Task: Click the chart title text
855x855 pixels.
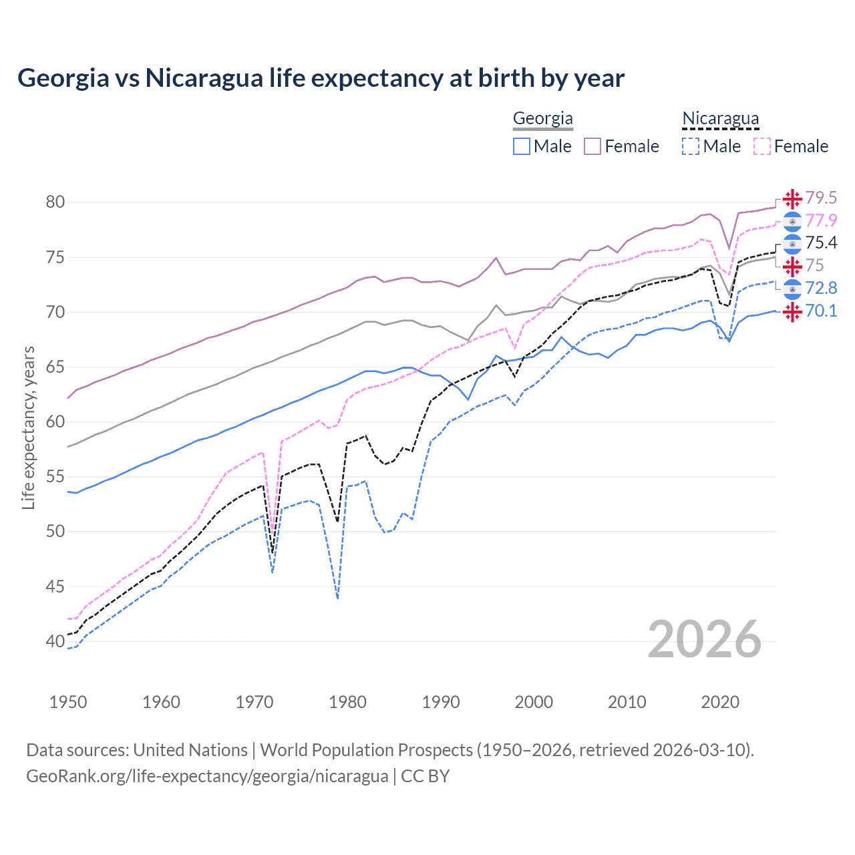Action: [x=321, y=78]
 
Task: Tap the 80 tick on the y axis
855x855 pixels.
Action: [x=55, y=202]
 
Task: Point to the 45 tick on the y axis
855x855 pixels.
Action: [x=55, y=586]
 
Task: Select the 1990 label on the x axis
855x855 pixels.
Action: [x=441, y=702]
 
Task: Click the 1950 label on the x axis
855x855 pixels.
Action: [x=68, y=702]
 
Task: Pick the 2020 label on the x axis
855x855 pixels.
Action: [x=720, y=702]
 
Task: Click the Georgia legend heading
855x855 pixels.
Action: [x=542, y=119]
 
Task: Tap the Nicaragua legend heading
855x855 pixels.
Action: [x=720, y=119]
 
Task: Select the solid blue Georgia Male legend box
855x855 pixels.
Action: [x=522, y=146]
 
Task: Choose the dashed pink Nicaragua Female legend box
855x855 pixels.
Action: [x=762, y=146]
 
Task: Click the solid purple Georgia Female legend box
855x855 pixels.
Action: [x=592, y=146]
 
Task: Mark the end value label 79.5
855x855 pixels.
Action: [x=821, y=198]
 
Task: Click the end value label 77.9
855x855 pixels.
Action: [x=821, y=220]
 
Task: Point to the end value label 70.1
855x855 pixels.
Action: [x=821, y=311]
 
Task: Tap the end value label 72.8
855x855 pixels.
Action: [x=821, y=288]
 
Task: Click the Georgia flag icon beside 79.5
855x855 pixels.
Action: [x=792, y=198]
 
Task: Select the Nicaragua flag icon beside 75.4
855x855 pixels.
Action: [x=792, y=243]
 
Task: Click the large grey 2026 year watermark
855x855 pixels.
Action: [x=704, y=639]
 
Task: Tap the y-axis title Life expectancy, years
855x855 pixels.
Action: [x=29, y=427]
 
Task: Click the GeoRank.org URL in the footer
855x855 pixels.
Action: [x=207, y=776]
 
